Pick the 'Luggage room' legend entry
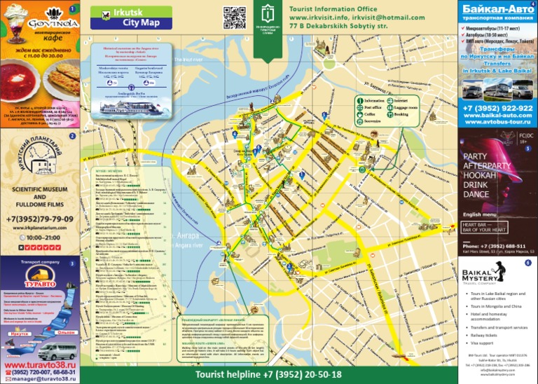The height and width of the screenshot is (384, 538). (x=407, y=107)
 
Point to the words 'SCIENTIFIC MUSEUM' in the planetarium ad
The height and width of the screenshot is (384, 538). (x=40, y=189)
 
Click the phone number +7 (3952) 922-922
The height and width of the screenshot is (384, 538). (x=497, y=108)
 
